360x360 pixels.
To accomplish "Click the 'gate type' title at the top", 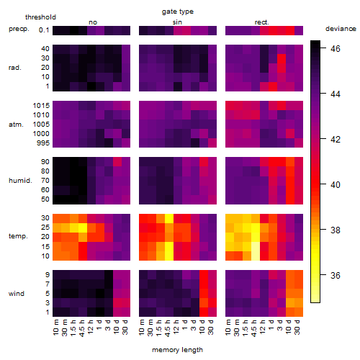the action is click(x=178, y=12).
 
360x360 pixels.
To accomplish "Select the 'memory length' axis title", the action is click(x=177, y=350).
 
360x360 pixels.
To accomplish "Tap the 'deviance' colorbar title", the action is click(x=341, y=29).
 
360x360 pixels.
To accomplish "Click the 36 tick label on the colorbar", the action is click(x=336, y=275).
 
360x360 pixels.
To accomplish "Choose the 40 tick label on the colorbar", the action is click(x=336, y=184).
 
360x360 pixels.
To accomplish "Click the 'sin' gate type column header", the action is click(x=177, y=22).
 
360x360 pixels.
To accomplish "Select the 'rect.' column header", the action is click(x=261, y=22).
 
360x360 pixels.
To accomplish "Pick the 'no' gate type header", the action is click(x=93, y=22).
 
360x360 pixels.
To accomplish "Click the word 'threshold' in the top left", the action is click(x=40, y=17).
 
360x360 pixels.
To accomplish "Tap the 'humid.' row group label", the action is click(x=20, y=181).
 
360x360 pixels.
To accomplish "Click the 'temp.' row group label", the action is click(x=18, y=236).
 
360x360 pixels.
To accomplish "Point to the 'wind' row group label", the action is click(x=17, y=294).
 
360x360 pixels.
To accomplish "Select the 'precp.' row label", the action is click(x=19, y=29).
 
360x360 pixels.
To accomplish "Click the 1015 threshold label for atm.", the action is click(x=41, y=106).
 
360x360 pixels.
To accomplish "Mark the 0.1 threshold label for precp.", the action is click(x=44, y=30).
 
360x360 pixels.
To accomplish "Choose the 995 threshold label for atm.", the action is click(x=43, y=143).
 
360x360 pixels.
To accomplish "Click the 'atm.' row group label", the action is click(x=16, y=125).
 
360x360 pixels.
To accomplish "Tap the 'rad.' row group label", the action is click(x=15, y=68).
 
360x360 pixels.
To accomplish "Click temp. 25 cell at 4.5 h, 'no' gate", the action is click(x=83, y=228).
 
